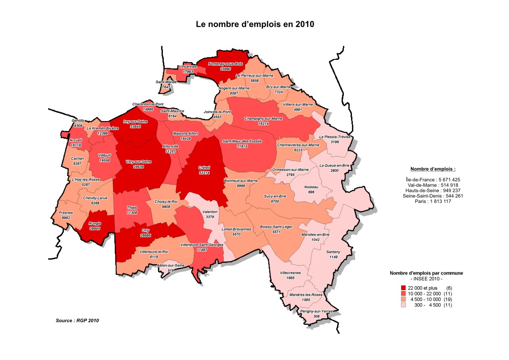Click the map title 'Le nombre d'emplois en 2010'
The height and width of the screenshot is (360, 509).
point(255,24)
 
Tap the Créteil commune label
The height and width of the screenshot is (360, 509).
point(204,167)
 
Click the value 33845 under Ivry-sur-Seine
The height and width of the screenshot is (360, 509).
point(135,127)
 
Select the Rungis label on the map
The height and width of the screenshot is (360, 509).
point(95,223)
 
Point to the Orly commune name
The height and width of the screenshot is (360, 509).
point(145,230)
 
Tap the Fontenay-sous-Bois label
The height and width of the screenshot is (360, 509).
point(225,64)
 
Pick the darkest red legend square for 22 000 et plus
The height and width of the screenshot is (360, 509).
point(403,288)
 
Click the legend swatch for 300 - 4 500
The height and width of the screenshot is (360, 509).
point(403,305)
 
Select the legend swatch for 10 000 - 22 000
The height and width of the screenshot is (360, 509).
point(403,293)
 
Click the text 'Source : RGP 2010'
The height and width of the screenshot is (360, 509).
point(77,320)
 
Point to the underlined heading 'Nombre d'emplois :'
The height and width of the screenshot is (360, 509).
point(432,169)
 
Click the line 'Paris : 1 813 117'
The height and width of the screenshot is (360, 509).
point(432,201)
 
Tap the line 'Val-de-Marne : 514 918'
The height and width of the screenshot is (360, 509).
point(432,185)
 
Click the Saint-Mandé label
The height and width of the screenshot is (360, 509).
point(166,81)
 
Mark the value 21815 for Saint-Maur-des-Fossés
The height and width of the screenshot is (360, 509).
point(243,146)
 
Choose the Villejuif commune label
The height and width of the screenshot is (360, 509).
point(104,155)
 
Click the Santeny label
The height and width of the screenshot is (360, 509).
point(333,252)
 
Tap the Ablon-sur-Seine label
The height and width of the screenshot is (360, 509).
point(171,265)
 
